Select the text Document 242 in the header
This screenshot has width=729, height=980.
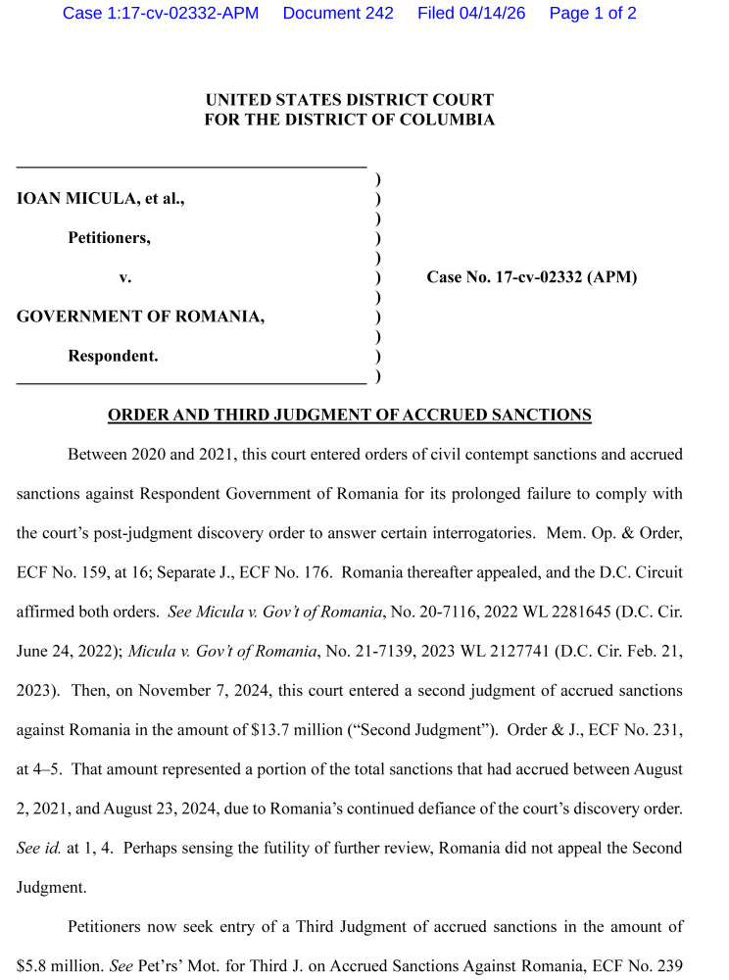pos(338,14)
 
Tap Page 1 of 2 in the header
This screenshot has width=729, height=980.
pos(593,14)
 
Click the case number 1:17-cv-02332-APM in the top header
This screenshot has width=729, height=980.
pos(161,14)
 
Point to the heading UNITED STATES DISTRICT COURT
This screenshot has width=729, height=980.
pos(350,100)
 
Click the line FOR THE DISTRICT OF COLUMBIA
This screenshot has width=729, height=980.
pos(350,120)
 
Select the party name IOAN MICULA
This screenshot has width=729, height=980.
pos(78,198)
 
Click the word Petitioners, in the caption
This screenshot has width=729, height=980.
pos(109,238)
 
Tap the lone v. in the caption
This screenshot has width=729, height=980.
pos(125,278)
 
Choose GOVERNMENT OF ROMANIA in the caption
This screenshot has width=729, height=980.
pos(140,318)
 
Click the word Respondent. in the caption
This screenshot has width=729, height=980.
pos(113,357)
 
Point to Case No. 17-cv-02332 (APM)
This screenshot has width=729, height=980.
pos(531,277)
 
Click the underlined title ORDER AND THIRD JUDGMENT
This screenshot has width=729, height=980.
pos(349,416)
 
